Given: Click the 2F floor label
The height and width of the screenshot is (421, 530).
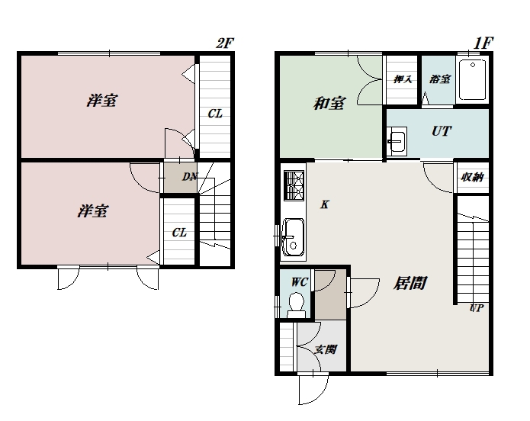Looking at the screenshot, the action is (x=225, y=43).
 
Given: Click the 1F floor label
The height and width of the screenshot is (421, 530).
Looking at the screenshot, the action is (x=483, y=43).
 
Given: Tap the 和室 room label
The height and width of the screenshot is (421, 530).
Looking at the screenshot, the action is (x=329, y=104).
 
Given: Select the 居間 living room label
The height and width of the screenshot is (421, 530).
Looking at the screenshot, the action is (x=410, y=283).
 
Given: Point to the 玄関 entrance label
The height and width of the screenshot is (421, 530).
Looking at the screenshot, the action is (x=325, y=349).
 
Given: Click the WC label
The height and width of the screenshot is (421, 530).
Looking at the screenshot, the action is (x=300, y=282).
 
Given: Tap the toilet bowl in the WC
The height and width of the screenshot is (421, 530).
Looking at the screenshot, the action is (x=297, y=304).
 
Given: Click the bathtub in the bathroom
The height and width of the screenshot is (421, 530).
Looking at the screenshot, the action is (x=473, y=80).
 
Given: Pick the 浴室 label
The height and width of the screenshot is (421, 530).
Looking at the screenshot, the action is (x=440, y=79).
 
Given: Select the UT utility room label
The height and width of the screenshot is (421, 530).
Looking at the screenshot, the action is (x=442, y=131).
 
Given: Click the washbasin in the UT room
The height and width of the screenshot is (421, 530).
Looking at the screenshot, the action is (x=397, y=141).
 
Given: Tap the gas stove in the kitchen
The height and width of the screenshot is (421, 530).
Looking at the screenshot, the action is (x=294, y=185).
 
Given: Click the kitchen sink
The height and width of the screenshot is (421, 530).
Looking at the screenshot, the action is (x=293, y=237).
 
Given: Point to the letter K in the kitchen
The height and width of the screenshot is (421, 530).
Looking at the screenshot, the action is (x=325, y=204).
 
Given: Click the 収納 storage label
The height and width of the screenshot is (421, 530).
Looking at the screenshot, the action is (x=472, y=177).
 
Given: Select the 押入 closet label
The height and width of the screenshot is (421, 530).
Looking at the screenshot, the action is (x=403, y=79).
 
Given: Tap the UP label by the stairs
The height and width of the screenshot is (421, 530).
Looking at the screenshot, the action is (x=477, y=307).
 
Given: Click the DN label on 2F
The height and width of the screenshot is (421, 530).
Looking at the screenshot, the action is (x=190, y=176).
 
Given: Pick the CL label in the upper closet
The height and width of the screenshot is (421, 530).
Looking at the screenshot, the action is (x=215, y=114).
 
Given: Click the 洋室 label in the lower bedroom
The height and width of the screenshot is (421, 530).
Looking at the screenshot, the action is (x=92, y=211).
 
